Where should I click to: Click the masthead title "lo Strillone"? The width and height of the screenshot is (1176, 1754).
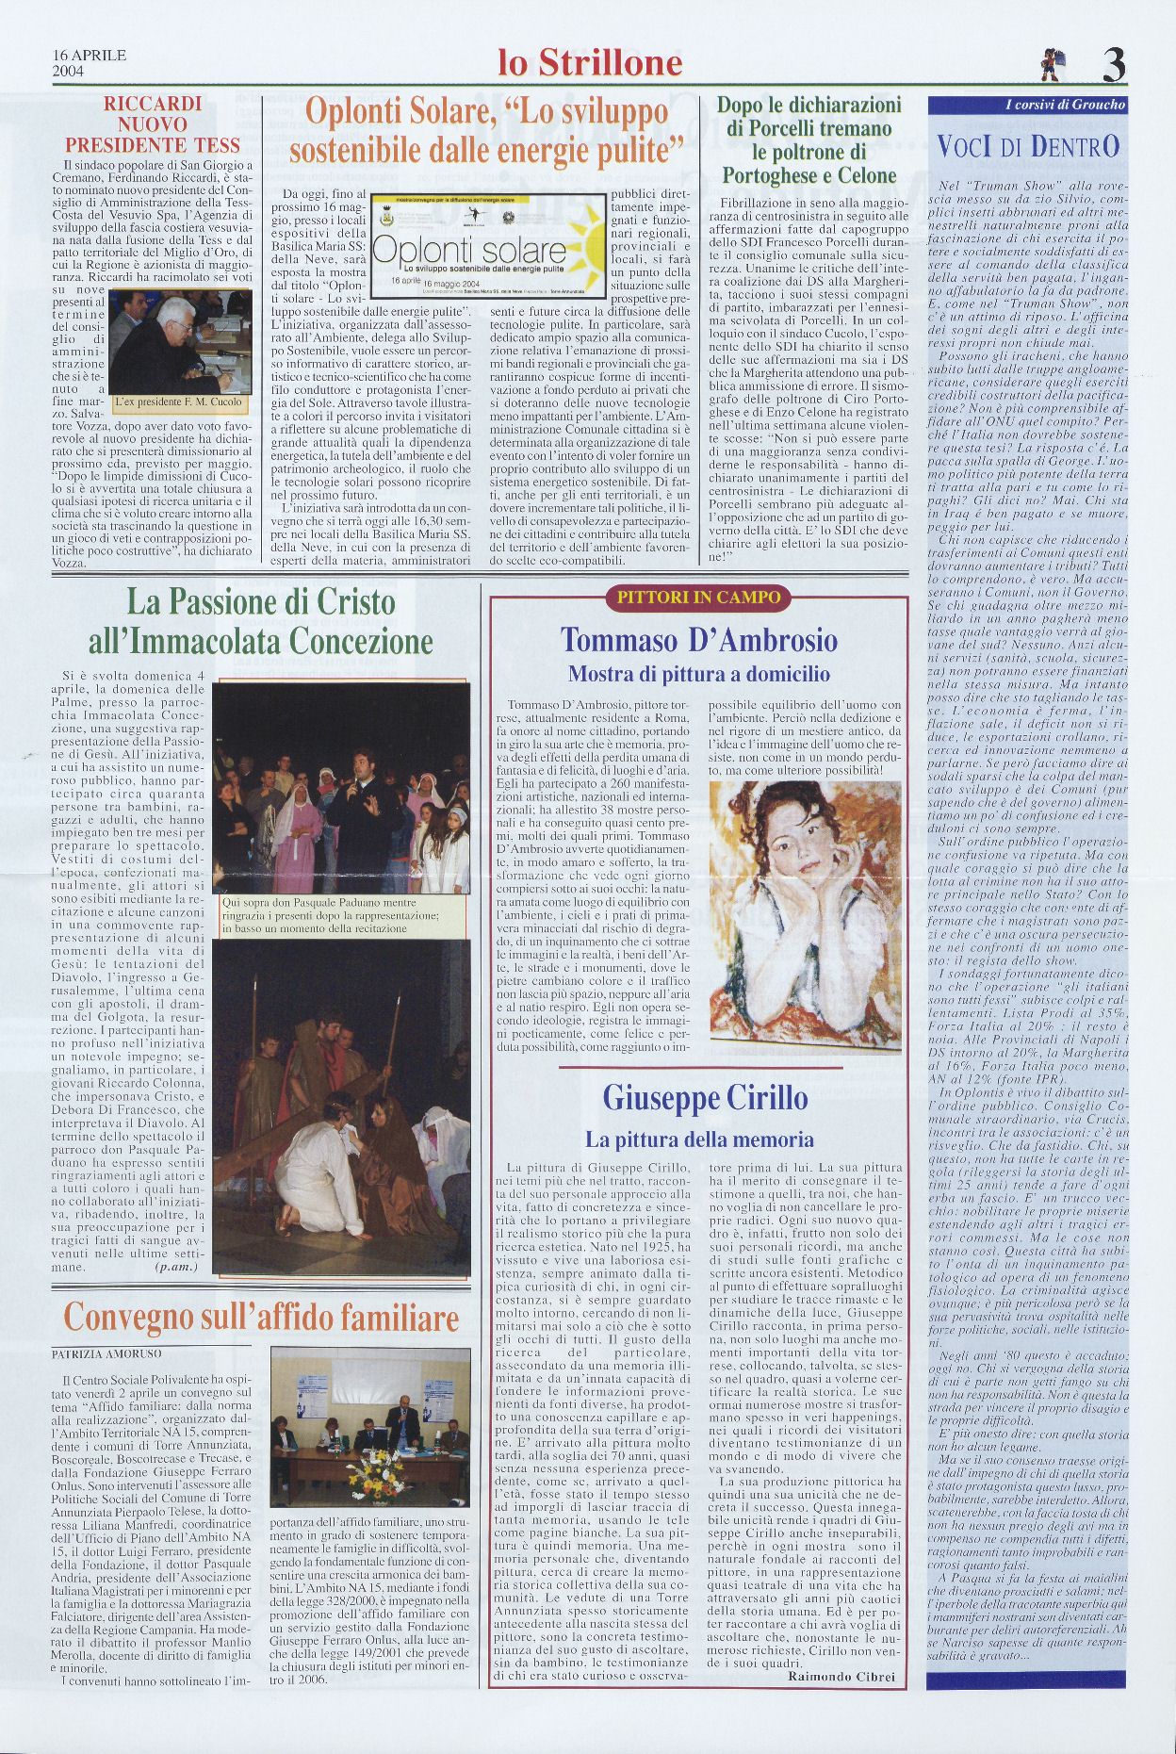click(590, 63)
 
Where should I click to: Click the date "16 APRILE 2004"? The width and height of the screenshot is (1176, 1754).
click(90, 62)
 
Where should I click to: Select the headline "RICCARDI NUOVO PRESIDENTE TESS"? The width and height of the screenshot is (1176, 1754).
click(152, 124)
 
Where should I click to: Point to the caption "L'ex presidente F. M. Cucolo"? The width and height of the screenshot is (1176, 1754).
click(178, 402)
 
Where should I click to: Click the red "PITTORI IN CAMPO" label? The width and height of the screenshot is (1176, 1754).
click(698, 597)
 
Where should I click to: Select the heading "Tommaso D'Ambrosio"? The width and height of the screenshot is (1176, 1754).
click(698, 641)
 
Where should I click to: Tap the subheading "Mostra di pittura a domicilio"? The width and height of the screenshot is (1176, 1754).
click(698, 674)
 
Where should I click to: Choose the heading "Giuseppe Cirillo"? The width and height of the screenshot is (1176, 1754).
click(705, 1098)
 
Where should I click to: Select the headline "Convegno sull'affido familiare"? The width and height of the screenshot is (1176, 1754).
click(261, 1318)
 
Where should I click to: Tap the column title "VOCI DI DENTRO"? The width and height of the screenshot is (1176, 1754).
click(1028, 146)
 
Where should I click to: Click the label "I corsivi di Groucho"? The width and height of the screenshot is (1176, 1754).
click(1065, 106)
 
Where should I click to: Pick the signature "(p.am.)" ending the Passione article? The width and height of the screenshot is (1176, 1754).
click(175, 1268)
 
